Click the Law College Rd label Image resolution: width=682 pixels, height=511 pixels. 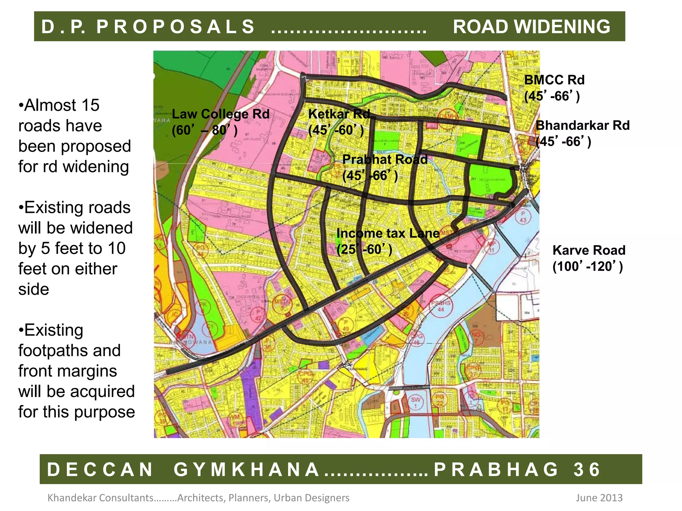pyautogui.click(x=220, y=114)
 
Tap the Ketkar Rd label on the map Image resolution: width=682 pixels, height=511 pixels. pyautogui.click(x=339, y=114)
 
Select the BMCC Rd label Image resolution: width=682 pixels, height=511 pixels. pyautogui.click(x=554, y=80)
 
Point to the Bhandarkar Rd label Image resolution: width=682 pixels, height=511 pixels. pyautogui.click(x=582, y=125)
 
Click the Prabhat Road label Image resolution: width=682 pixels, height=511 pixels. pyautogui.click(x=385, y=159)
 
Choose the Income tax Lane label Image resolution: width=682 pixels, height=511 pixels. pyautogui.click(x=388, y=233)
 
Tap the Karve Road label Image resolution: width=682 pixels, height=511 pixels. pyautogui.click(x=589, y=250)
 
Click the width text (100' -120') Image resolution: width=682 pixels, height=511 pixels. pyautogui.click(x=587, y=266)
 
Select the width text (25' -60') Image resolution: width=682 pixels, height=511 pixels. pyautogui.click(x=364, y=249)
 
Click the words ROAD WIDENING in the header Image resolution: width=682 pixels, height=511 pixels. pyautogui.click(x=531, y=27)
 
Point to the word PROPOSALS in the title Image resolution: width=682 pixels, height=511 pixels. pyautogui.click(x=175, y=27)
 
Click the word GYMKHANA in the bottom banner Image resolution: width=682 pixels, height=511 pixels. pyautogui.click(x=246, y=469)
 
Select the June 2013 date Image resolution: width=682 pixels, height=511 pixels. pyautogui.click(x=599, y=498)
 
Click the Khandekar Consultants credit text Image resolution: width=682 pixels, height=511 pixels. pyautogui.click(x=100, y=498)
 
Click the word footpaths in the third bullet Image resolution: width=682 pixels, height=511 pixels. pyautogui.click(x=69, y=351)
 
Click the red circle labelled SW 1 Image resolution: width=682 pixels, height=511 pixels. pyautogui.click(x=416, y=402)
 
